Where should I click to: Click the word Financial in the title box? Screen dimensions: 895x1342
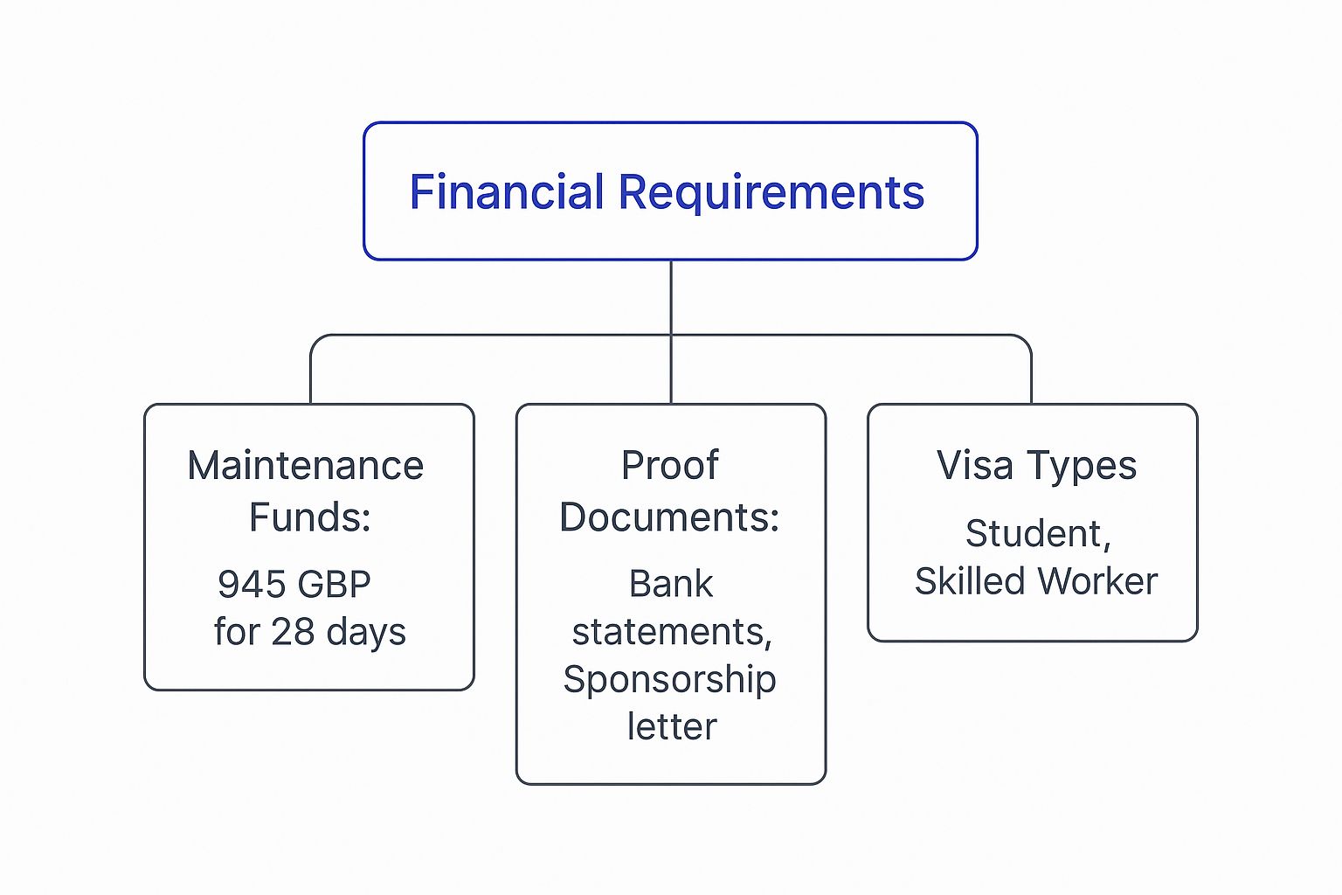[x=506, y=192]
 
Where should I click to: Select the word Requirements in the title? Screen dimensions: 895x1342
[x=771, y=192]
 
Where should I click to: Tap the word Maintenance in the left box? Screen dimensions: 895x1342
[x=306, y=466]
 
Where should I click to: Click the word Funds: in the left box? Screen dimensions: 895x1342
[x=310, y=517]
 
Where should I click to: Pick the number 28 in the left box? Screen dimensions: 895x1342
[x=293, y=632]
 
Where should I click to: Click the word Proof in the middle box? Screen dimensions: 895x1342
[x=670, y=466]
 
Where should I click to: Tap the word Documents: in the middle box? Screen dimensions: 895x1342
[x=670, y=517]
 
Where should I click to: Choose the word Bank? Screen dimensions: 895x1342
[x=671, y=585]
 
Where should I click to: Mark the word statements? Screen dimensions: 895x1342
[x=672, y=632]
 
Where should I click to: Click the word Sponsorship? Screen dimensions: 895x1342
[x=670, y=680]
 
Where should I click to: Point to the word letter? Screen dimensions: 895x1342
[x=672, y=727]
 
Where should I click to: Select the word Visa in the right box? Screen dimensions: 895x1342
[x=975, y=466]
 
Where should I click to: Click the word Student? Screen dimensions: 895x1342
[x=1038, y=534]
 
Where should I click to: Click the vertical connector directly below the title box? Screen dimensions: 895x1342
[x=671, y=297]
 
